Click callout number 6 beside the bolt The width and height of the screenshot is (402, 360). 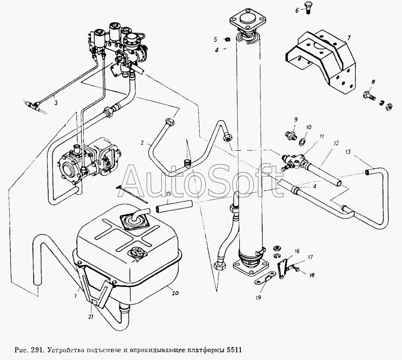pos(297,10)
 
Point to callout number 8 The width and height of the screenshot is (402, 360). pos(373,82)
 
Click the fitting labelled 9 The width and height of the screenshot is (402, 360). pos(291,135)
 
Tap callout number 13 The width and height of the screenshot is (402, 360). pos(348,152)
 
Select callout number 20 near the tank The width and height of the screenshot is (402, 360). pos(175,293)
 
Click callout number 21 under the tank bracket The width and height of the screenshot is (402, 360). pos(91,317)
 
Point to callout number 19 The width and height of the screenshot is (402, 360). pos(258,297)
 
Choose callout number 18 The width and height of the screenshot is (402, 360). pos(312,275)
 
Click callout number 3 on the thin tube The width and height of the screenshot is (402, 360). pos(56,103)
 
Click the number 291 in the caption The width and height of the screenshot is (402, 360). pos(37,349)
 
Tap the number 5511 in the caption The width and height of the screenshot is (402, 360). pos(234,349)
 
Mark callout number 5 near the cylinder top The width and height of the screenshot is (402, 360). pos(215,39)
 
